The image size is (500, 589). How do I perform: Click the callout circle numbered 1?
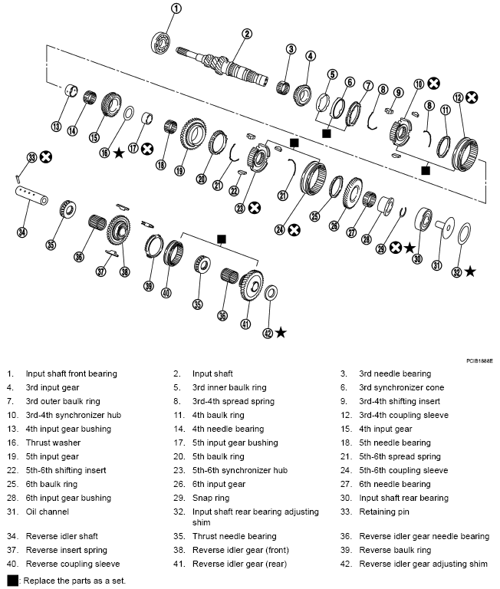176,9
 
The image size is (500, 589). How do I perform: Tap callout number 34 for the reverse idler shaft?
21,232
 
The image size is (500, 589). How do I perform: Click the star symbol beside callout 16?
119,153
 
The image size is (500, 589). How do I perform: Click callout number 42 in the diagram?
267,332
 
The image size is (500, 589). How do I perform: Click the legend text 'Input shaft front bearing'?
71,373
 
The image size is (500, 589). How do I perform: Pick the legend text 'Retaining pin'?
385,512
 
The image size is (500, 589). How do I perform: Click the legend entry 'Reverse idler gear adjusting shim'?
423,564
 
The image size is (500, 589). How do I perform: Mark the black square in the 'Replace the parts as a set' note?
12,581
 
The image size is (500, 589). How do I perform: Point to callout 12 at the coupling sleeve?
458,97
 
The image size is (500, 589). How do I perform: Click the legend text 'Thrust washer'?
53,443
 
